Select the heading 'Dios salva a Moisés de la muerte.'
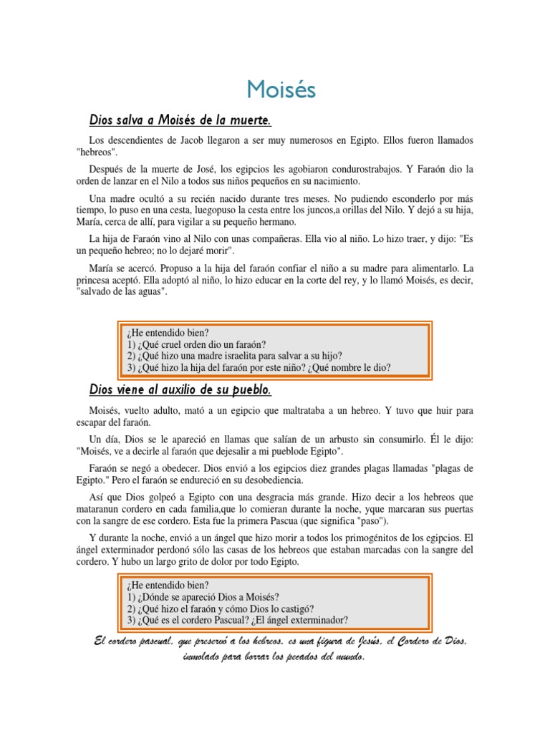(x=180, y=118)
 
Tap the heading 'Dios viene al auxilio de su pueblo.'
(x=180, y=389)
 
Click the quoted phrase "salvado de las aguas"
(x=122, y=293)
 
